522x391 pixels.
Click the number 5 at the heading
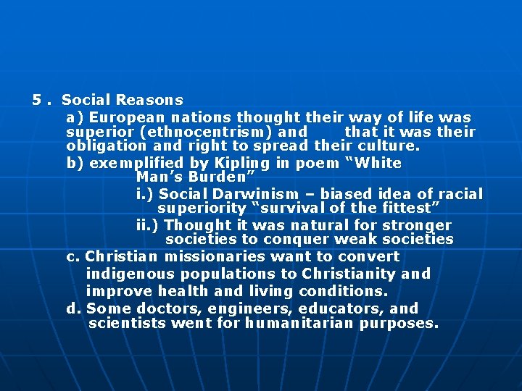37,101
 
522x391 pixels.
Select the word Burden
216,177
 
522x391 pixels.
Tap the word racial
459,194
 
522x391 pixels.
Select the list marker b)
75,163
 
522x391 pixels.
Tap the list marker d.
73,308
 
